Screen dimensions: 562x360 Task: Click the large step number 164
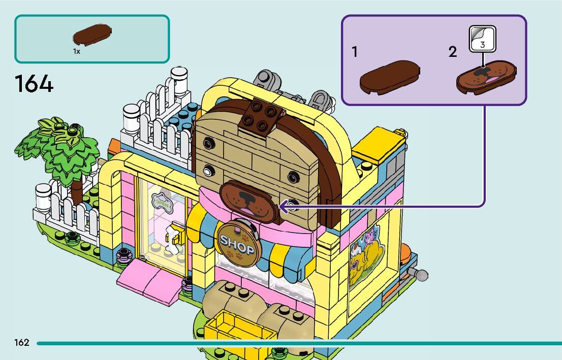pyautogui.click(x=34, y=84)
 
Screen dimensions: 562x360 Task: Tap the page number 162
pyautogui.click(x=22, y=343)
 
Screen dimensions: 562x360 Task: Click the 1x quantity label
pyautogui.click(x=76, y=51)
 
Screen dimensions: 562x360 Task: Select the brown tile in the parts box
pyautogui.click(x=92, y=35)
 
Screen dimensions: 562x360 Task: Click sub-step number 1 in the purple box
pyautogui.click(x=355, y=52)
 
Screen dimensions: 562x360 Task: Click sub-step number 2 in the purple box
pyautogui.click(x=452, y=52)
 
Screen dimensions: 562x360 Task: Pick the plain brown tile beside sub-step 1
pyautogui.click(x=390, y=76)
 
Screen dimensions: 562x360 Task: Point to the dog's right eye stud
pyautogui.click(x=293, y=178)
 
